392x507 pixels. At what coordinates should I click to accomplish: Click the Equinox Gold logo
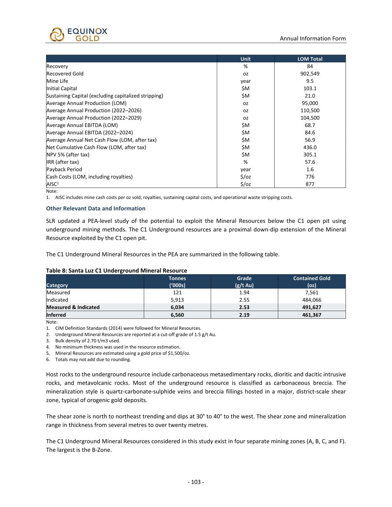point(78,34)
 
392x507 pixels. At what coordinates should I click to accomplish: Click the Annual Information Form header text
point(312,38)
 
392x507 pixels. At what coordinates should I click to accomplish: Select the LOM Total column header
point(310,59)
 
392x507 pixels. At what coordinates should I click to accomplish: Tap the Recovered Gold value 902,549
point(310,74)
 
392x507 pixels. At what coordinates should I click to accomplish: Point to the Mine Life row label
point(57,81)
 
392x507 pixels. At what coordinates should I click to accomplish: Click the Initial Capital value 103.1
point(310,88)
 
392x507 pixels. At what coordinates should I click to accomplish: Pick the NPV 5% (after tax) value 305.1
point(310,155)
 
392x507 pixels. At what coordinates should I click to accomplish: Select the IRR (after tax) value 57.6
point(310,162)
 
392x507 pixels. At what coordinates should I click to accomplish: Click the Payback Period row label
point(64,169)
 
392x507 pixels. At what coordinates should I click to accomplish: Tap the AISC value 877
point(310,184)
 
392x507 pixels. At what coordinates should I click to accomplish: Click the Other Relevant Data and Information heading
point(95,208)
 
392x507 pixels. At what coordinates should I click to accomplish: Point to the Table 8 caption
point(116,270)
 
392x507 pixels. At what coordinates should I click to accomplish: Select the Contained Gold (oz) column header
point(311,282)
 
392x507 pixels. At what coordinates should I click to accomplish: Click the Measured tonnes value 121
point(177,293)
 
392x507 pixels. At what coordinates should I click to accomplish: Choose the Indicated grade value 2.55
point(244,300)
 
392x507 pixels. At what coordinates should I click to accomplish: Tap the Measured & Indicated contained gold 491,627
point(311,307)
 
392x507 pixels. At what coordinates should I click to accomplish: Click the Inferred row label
point(56,315)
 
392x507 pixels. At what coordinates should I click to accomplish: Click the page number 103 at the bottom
point(196,482)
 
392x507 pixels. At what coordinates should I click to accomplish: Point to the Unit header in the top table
point(245,59)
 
